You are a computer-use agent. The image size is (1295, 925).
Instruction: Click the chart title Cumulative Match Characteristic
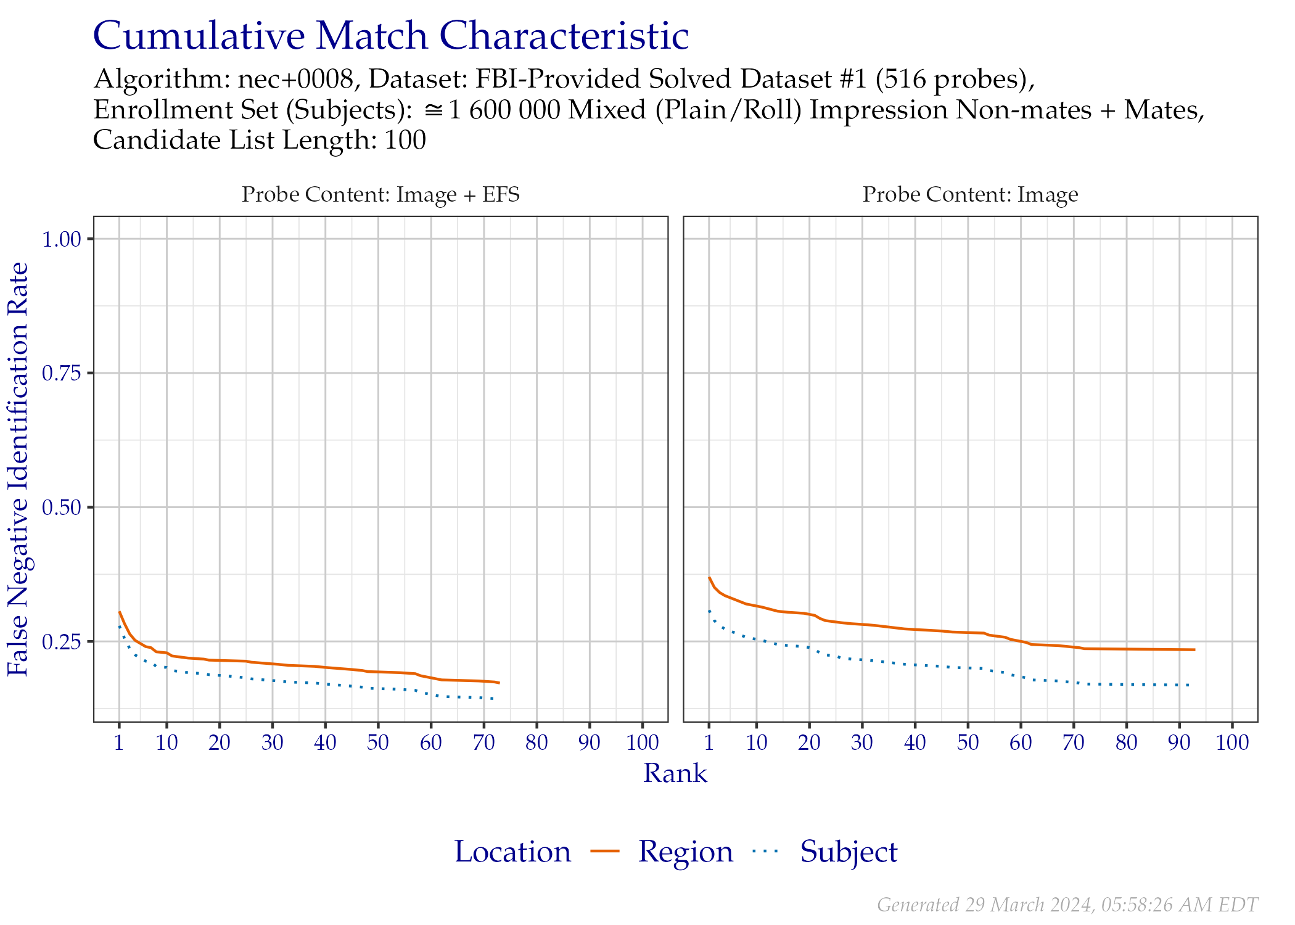point(390,36)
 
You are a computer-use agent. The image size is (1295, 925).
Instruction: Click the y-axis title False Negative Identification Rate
point(18,469)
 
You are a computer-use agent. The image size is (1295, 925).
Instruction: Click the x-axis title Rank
point(675,773)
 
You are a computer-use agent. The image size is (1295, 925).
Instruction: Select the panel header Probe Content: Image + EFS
point(380,194)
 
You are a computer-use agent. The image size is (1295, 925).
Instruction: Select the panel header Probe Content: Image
point(970,194)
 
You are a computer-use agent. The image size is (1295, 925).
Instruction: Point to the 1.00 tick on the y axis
point(62,239)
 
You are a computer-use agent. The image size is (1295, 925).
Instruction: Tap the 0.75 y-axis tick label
point(62,373)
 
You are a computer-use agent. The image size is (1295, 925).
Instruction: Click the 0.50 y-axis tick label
point(62,508)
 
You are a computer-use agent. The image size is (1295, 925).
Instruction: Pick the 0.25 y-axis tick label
point(62,642)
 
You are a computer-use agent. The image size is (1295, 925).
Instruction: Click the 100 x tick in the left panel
point(643,742)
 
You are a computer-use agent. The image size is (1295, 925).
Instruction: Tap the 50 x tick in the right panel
point(968,742)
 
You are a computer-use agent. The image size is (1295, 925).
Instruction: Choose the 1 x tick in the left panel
point(119,742)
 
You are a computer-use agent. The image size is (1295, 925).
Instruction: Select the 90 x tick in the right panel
point(1179,742)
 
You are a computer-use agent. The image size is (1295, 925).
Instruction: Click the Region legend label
point(686,852)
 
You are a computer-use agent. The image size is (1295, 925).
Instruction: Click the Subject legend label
point(849,852)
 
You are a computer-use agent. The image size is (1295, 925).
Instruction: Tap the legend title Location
point(512,852)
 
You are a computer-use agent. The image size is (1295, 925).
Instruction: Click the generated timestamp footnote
point(1067,905)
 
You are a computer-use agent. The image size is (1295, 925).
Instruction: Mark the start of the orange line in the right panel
point(709,577)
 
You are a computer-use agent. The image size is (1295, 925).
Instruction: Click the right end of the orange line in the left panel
point(499,683)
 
